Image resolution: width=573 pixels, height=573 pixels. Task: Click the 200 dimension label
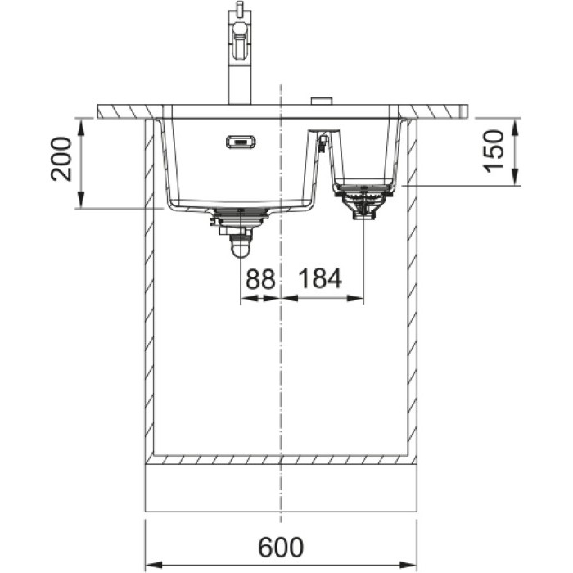coord(61,159)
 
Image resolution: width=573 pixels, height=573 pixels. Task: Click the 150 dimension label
coord(494,151)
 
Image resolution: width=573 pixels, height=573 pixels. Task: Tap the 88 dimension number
coord(260,278)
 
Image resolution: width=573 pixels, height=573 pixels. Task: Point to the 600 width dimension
coord(281,547)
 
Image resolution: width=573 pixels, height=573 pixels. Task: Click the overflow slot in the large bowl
coord(241,142)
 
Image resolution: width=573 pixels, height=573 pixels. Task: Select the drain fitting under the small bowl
coord(363,203)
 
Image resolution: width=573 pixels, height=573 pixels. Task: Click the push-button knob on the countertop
coord(321,102)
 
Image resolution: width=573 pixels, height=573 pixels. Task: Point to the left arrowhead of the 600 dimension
coord(154,564)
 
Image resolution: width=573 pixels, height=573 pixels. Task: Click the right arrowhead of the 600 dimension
coord(408,564)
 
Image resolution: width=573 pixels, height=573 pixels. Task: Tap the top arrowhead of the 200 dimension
coord(81,127)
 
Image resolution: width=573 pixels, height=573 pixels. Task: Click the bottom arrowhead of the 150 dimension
coord(515,177)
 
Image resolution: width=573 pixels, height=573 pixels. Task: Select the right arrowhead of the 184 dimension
coord(355,298)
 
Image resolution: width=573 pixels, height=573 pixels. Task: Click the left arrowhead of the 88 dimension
coord(249,298)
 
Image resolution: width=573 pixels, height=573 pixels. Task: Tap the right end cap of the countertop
coord(464,111)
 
